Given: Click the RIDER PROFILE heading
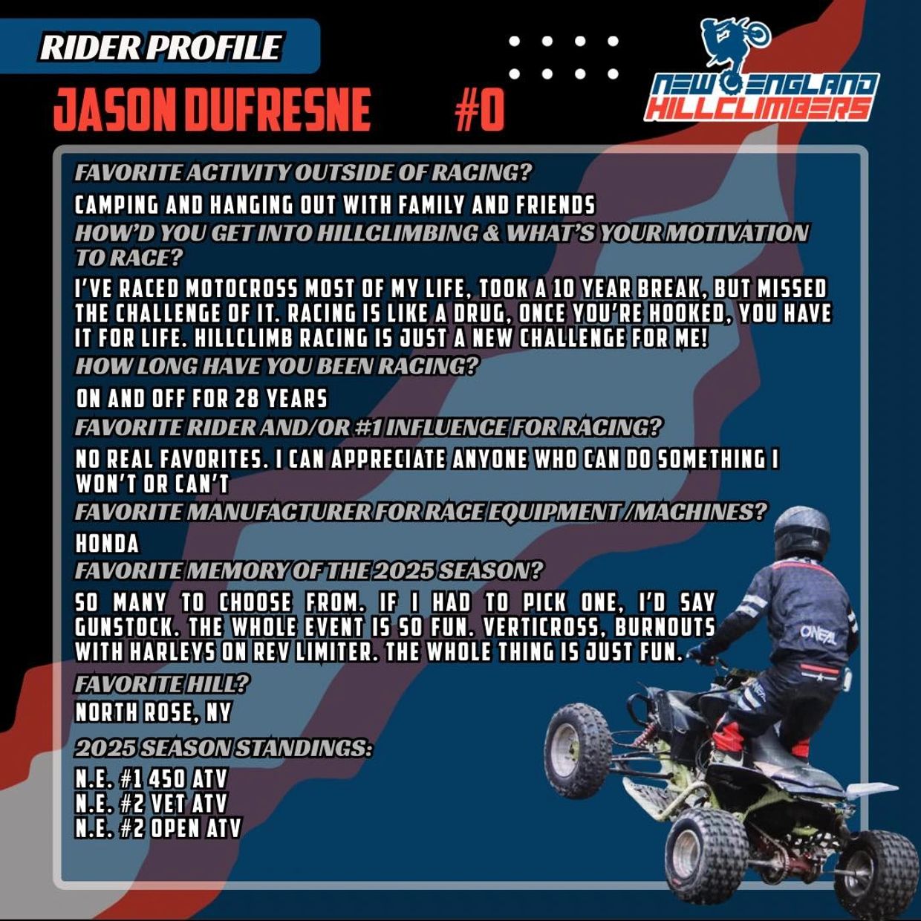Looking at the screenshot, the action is coord(160,47).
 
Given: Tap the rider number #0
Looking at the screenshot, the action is coord(479,111).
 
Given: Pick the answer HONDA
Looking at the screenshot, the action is coord(107,544).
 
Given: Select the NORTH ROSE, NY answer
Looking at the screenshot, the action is coord(153,713).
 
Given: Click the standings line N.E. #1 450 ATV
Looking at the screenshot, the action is coord(151,779).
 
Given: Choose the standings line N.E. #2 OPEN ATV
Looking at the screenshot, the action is coord(157,828).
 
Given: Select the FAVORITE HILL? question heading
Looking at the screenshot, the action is coord(161,684).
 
